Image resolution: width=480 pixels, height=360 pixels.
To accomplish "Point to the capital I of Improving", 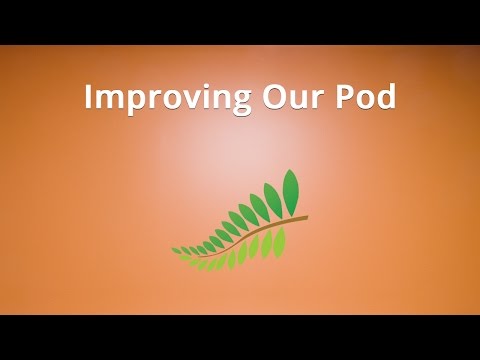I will point(88,97).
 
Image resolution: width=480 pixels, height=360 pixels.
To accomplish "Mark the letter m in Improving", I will point(107,100).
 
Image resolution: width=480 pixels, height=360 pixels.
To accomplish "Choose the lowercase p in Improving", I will point(131,102).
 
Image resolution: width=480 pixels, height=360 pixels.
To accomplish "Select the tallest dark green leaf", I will point(291,188).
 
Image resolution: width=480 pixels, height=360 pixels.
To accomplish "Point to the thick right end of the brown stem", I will point(302,218).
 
